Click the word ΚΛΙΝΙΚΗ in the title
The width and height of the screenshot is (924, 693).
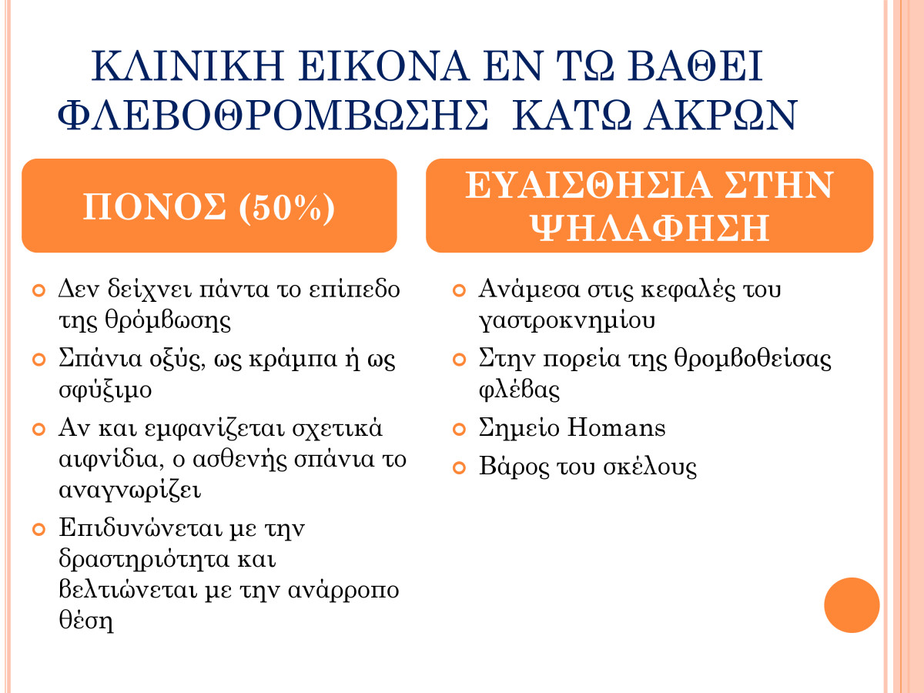(x=187, y=66)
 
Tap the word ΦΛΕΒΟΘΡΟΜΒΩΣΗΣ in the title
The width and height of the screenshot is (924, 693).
(x=273, y=115)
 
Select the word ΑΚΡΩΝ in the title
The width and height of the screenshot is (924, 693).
(x=720, y=115)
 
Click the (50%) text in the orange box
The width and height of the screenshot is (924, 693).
(x=286, y=207)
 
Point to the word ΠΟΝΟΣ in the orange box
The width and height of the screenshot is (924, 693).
(x=155, y=206)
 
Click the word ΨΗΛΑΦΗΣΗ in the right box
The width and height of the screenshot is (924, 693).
(x=650, y=228)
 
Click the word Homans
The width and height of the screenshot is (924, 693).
(x=616, y=428)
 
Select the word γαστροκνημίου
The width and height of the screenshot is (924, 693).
(x=567, y=320)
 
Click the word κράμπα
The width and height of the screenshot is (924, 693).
(x=293, y=360)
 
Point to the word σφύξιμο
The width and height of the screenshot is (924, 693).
(x=105, y=390)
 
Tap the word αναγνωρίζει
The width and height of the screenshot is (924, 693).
(x=129, y=490)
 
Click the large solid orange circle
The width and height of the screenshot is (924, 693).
(x=852, y=605)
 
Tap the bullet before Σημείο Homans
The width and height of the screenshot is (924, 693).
(x=459, y=430)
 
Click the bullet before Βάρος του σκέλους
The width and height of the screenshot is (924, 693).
(x=459, y=468)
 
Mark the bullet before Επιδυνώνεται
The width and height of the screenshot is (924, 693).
(x=38, y=529)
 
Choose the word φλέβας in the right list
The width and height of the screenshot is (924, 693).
(x=520, y=390)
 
